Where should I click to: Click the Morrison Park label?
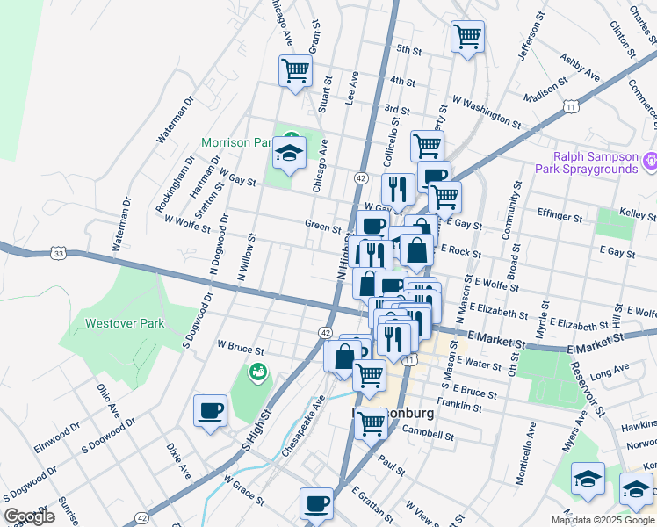pos(237,141)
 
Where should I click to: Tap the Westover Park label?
pos(125,323)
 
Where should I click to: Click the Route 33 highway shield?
pos(58,253)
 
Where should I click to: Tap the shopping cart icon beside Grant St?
pos(296,70)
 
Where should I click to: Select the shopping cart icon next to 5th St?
pos(467,37)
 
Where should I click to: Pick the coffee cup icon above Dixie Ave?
pos(210,410)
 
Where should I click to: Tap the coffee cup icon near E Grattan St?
pos(316,503)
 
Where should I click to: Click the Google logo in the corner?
pos(29,516)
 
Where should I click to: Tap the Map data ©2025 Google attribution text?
pos(603,520)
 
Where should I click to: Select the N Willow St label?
pos(247,256)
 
